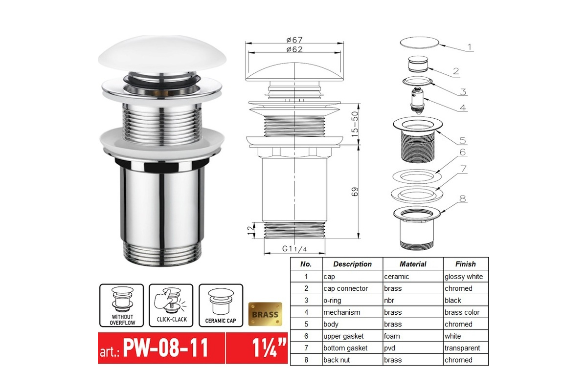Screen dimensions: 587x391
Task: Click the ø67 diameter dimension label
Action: [294, 40]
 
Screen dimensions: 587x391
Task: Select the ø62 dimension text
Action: [294, 49]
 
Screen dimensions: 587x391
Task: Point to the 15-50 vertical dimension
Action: [355, 124]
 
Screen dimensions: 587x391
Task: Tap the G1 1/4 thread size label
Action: [294, 249]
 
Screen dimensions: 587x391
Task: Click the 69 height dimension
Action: [355, 192]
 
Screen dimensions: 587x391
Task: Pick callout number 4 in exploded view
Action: [463, 108]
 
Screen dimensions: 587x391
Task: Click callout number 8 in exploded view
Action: [463, 199]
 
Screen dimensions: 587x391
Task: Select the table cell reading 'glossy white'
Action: [464, 277]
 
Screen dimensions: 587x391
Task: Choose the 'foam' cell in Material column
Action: [392, 336]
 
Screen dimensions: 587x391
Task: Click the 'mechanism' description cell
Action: [342, 312]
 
